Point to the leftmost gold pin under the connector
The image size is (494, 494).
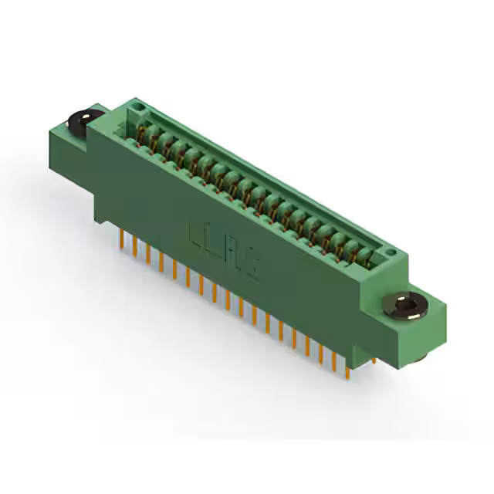[x=122, y=238]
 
